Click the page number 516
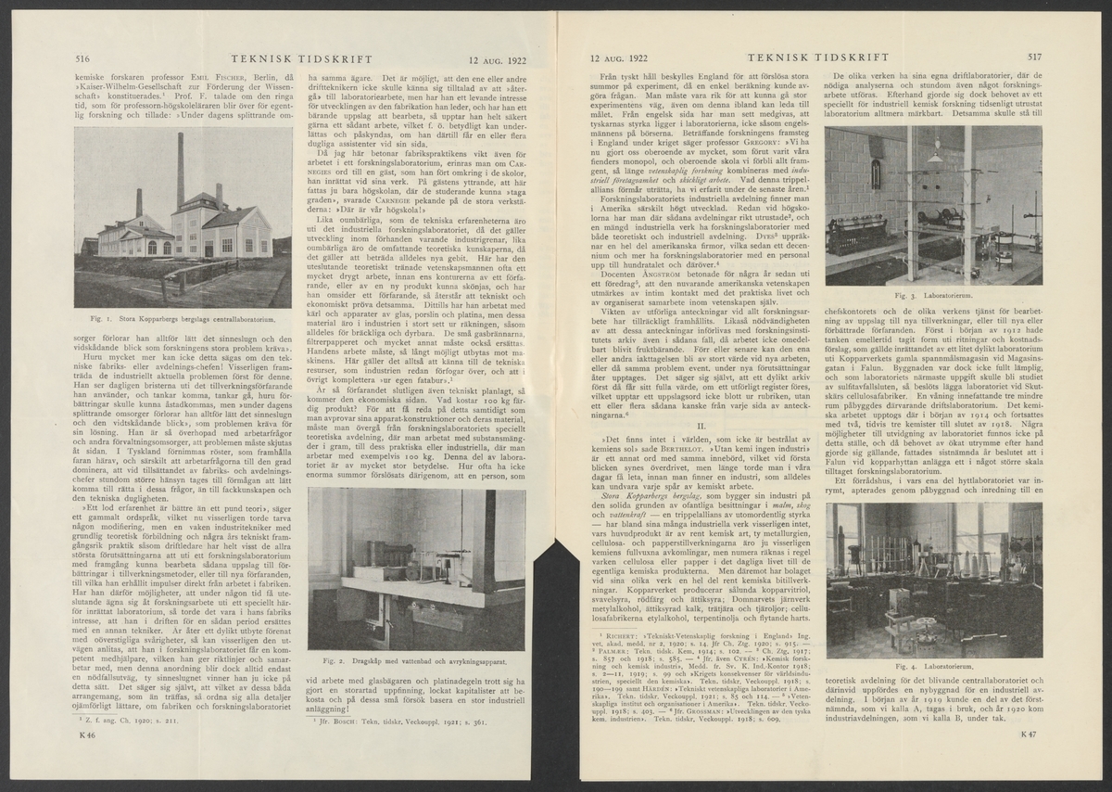click(82, 57)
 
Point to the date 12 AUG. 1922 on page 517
click(623, 57)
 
